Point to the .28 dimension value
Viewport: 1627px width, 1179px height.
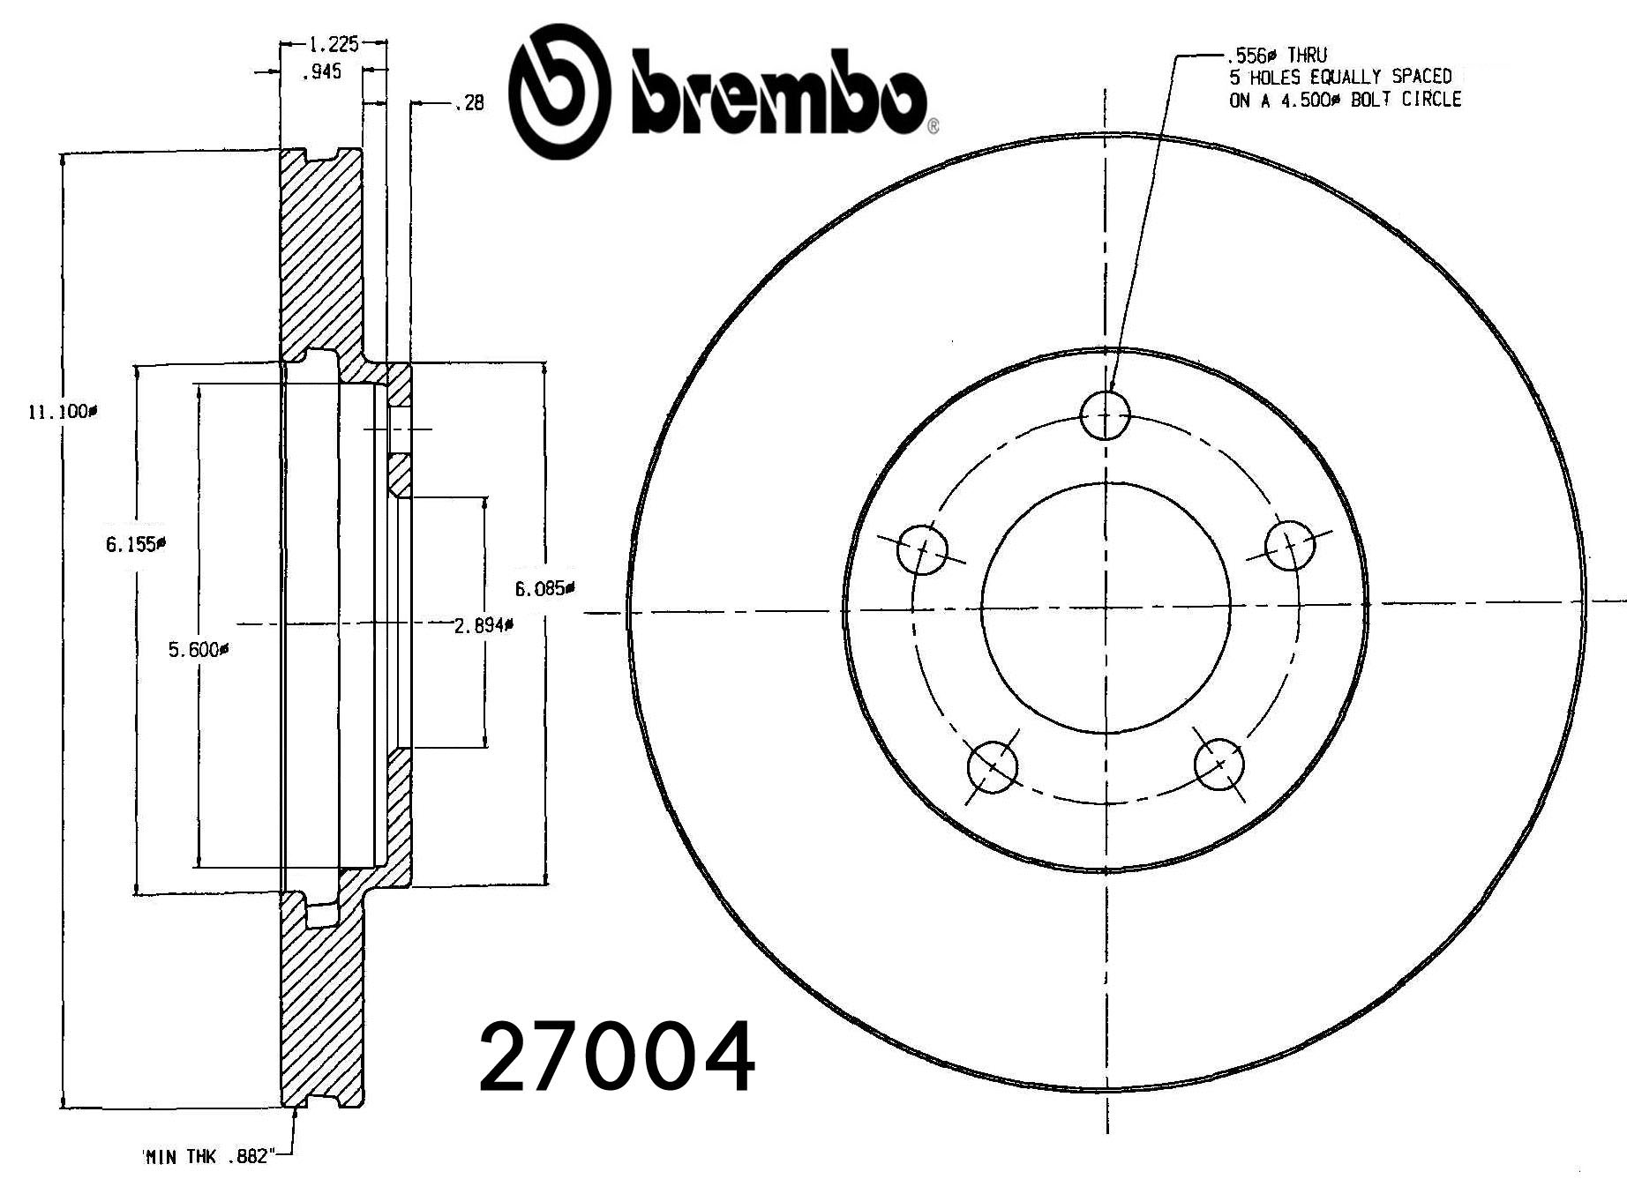[x=470, y=104]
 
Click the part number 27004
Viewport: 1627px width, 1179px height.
[x=617, y=1056]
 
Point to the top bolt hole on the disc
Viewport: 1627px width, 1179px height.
[x=1106, y=414]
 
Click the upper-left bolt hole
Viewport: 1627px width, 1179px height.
[x=922, y=549]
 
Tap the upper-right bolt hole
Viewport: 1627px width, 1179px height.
[x=1289, y=546]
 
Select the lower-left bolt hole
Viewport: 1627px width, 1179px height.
[x=993, y=766]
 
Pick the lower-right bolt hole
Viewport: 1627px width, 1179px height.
[x=1219, y=764]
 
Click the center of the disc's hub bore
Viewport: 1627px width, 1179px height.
[x=1106, y=607]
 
